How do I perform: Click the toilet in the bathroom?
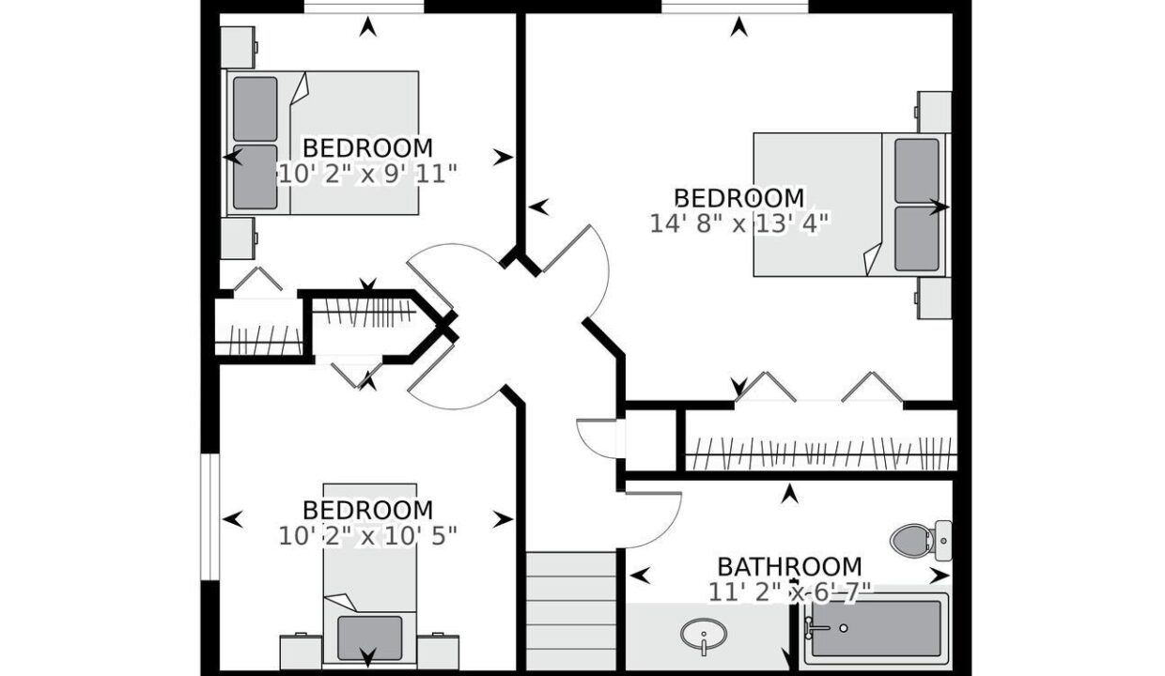921,541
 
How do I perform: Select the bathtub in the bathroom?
877,630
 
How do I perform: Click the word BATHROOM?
789,567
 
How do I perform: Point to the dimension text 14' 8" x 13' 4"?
739,224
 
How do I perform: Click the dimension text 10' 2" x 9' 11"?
368,174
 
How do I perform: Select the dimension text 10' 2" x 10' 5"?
368,536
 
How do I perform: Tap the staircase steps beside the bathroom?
571,611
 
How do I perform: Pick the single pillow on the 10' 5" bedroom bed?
370,638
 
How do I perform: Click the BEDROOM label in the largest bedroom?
739,198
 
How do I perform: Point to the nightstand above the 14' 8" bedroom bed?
934,112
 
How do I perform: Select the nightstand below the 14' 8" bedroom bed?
934,299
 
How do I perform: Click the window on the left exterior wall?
210,517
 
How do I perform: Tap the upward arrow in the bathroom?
790,494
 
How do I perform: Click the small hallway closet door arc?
598,440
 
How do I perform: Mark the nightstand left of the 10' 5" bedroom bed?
301,653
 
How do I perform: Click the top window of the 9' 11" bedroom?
364,7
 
